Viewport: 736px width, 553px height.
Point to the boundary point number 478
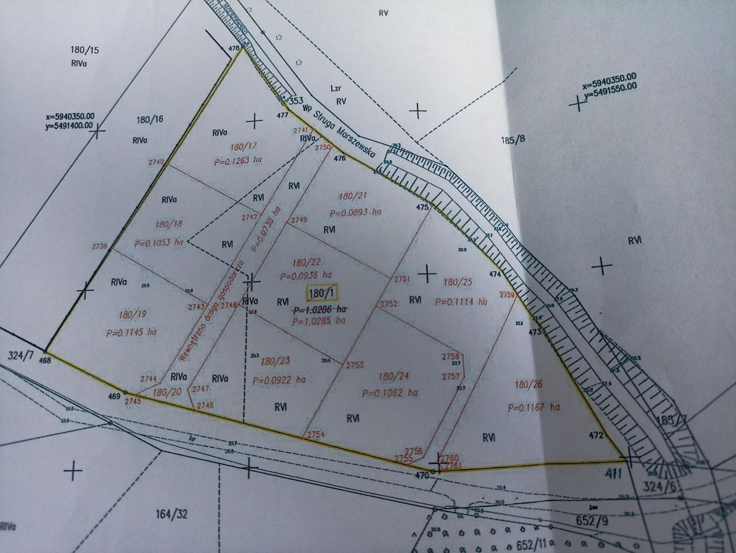(x=234, y=49)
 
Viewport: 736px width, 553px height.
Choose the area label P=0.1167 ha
(x=534, y=407)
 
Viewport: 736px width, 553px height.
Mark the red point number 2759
(x=507, y=295)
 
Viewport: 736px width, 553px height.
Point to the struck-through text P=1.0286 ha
(x=320, y=309)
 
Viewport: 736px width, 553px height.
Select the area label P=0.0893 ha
(x=355, y=212)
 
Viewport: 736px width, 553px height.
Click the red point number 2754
(x=316, y=434)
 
